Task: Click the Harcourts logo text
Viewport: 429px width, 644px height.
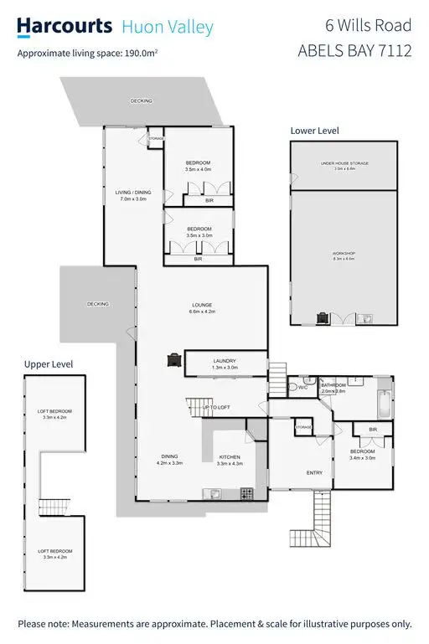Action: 65,26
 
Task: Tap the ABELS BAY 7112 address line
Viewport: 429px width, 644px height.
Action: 354,51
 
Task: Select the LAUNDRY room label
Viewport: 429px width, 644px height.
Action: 224,361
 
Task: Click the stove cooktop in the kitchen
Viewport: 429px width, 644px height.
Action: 247,492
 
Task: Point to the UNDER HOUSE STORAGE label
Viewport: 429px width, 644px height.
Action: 344,163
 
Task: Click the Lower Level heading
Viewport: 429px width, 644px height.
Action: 314,131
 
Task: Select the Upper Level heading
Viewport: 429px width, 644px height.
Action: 49,364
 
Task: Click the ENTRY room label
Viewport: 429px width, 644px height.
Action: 314,473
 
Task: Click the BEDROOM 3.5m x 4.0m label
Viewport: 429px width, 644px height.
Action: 199,165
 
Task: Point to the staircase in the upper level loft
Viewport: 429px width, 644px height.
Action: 51,507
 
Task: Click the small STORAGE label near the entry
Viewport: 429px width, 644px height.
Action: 302,428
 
